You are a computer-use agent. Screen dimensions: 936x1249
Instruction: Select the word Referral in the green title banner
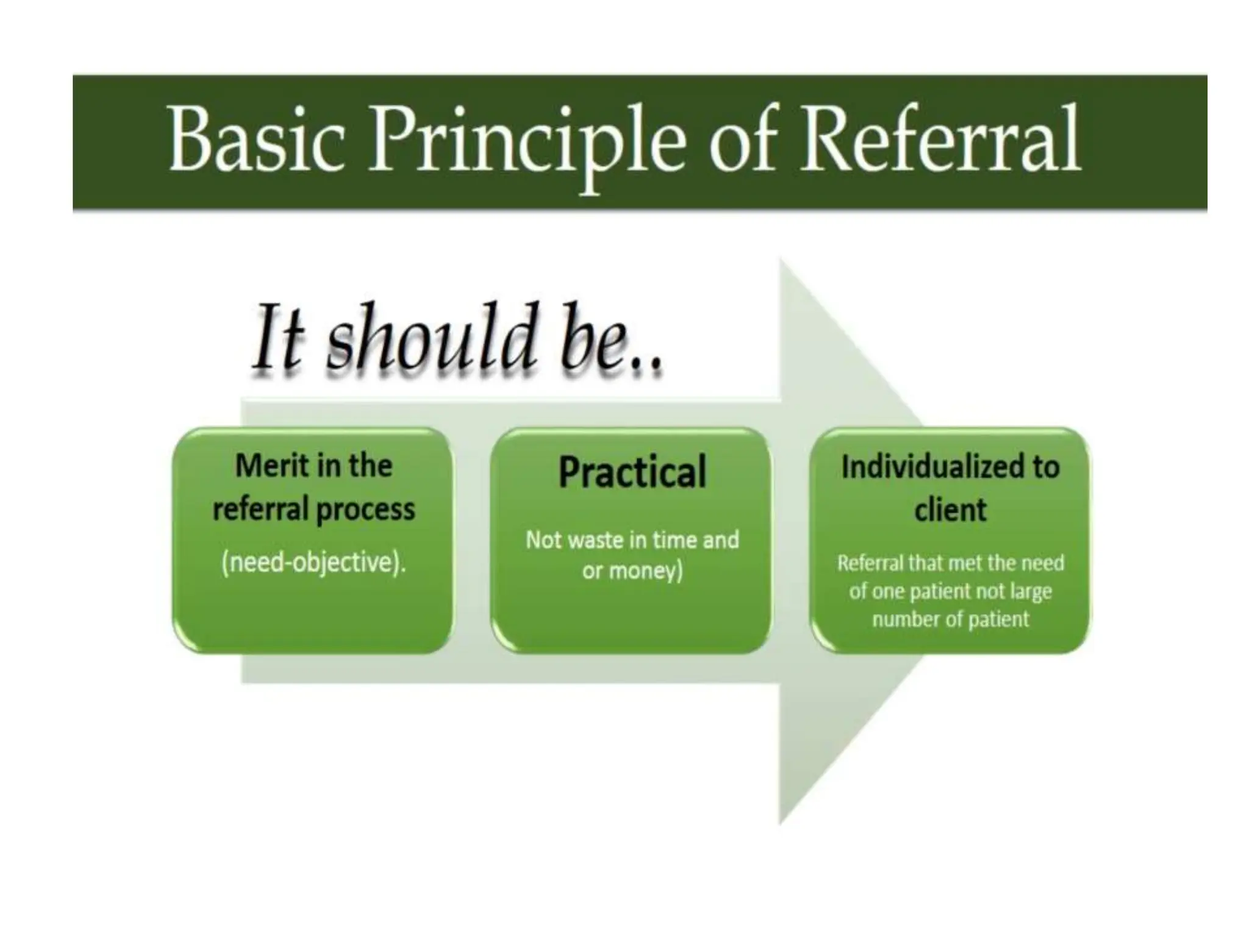pyautogui.click(x=940, y=140)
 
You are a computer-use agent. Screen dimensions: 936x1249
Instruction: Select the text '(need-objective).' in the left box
pyautogui.click(x=313, y=562)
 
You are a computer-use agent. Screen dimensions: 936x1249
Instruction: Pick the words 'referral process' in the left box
pyautogui.click(x=313, y=509)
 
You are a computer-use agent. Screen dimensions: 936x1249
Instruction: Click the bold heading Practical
pyautogui.click(x=632, y=472)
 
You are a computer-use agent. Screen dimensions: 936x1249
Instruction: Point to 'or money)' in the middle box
pyautogui.click(x=632, y=571)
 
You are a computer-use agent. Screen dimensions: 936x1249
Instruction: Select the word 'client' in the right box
pyautogui.click(x=950, y=509)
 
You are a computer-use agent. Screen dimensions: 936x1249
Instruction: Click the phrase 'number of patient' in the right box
pyautogui.click(x=950, y=620)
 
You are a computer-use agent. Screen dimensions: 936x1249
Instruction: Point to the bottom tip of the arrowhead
pyautogui.click(x=781, y=823)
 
